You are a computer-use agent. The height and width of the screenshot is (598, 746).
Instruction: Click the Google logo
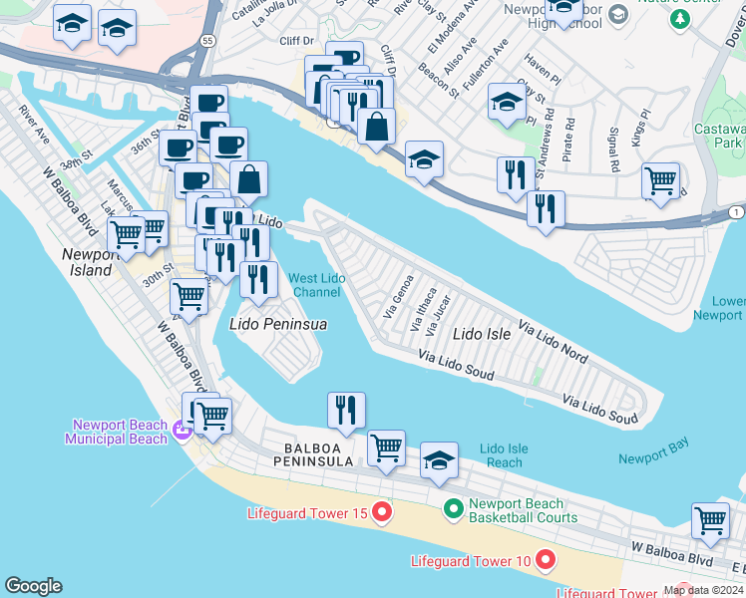33,586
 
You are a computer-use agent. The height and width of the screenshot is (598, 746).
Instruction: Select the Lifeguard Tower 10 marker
545,560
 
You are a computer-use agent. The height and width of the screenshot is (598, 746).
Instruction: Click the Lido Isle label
482,334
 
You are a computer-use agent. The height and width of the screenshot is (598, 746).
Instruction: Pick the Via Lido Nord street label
554,341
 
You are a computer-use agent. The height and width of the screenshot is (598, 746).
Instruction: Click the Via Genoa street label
397,297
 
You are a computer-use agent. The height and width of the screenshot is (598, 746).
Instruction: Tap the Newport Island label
91,261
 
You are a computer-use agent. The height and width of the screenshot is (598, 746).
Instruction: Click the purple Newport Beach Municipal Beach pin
181,431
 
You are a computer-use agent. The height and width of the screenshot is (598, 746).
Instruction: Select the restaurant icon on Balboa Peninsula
346,410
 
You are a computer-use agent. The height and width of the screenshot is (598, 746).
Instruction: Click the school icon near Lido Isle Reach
439,460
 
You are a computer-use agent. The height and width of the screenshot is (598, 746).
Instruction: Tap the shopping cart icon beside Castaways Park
660,180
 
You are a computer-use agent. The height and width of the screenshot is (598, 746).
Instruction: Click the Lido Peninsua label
278,324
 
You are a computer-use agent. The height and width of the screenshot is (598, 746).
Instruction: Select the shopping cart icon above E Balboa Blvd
710,520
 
